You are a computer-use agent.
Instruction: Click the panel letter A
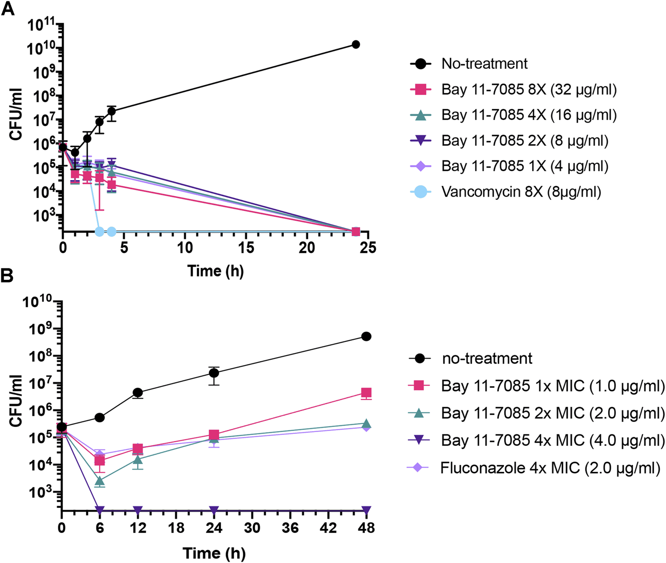8,9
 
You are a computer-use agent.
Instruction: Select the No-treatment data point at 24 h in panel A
356,44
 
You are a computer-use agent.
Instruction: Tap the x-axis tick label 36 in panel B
290,527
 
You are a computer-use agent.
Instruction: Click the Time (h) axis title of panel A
215,271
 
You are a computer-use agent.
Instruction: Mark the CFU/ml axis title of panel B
16,401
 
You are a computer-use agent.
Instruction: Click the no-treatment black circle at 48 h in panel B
366,336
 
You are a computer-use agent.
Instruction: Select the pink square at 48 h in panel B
366,393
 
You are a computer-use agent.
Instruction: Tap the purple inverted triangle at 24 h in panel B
214,510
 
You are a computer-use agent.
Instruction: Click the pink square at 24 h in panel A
356,231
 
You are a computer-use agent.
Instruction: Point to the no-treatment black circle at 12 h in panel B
138,393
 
